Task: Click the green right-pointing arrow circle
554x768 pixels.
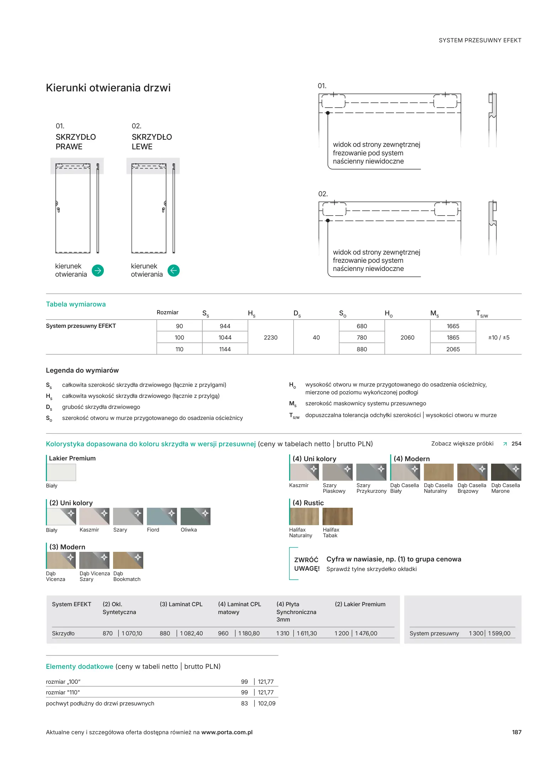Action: (x=98, y=271)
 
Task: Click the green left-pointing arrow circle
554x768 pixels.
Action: (x=174, y=271)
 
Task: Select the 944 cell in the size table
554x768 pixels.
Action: (x=225, y=326)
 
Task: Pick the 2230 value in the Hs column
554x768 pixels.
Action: (x=271, y=337)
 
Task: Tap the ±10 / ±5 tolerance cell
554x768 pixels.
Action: (x=499, y=337)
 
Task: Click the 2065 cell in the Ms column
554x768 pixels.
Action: (x=453, y=349)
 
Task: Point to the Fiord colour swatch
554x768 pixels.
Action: (x=162, y=516)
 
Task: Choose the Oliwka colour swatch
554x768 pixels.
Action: (x=196, y=516)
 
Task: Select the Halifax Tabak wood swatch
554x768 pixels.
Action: (x=337, y=516)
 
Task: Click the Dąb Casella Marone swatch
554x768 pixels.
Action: (x=506, y=472)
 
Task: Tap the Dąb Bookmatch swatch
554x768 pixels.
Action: (x=128, y=560)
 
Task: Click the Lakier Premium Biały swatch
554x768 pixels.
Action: (x=62, y=473)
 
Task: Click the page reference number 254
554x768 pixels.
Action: (x=516, y=444)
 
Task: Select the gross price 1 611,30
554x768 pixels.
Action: (x=307, y=633)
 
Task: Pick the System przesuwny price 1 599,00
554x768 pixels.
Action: (x=499, y=633)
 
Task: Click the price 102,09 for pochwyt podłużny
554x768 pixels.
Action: (x=267, y=703)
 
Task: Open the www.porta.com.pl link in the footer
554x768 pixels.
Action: (x=227, y=732)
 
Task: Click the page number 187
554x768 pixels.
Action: (x=517, y=732)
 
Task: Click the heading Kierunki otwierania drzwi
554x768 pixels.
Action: (x=108, y=88)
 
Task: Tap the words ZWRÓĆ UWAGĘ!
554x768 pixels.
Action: (x=307, y=564)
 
